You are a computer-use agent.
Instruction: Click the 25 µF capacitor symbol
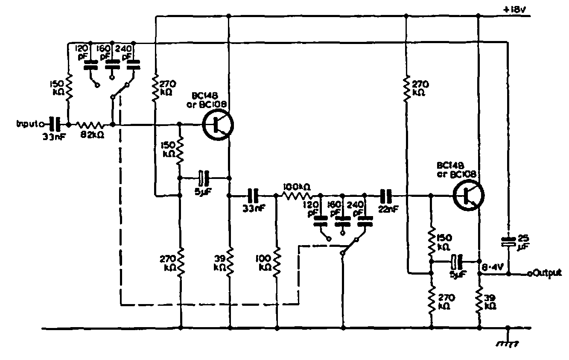coord(508,242)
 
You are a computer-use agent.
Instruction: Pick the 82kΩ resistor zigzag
coord(90,125)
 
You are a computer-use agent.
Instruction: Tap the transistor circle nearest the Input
coord(218,125)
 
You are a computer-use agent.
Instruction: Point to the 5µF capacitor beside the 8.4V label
coord(457,261)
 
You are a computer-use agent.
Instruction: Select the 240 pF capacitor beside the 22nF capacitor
coord(364,222)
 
